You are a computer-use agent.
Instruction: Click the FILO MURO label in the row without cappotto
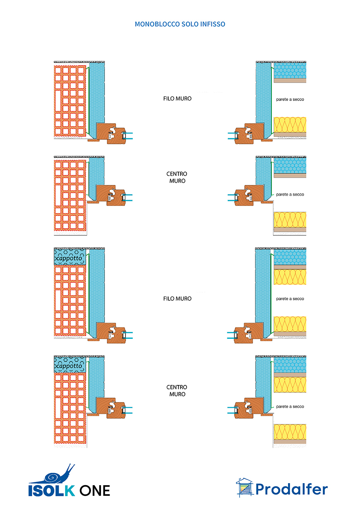[x=177, y=99]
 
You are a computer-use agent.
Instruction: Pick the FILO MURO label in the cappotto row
[x=177, y=299]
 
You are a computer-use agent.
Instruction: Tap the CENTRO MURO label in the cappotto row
[x=177, y=390]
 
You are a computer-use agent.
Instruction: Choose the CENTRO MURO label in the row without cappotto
[x=177, y=177]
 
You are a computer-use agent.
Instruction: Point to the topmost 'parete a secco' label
[x=290, y=99]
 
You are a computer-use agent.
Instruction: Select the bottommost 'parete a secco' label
[x=290, y=407]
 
